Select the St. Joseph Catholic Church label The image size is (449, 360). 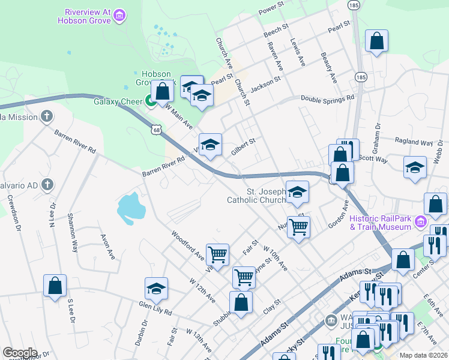point(256,195)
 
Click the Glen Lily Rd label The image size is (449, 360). point(155,309)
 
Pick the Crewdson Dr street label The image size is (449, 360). point(14,215)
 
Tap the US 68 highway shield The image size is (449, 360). point(156,129)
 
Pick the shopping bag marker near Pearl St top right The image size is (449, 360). point(376,41)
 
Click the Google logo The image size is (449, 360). point(20,353)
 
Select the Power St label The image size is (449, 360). point(271,10)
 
